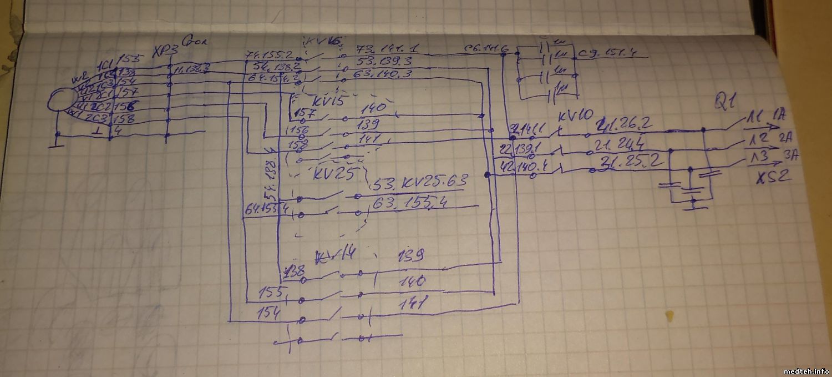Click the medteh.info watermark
coord(805,371)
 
